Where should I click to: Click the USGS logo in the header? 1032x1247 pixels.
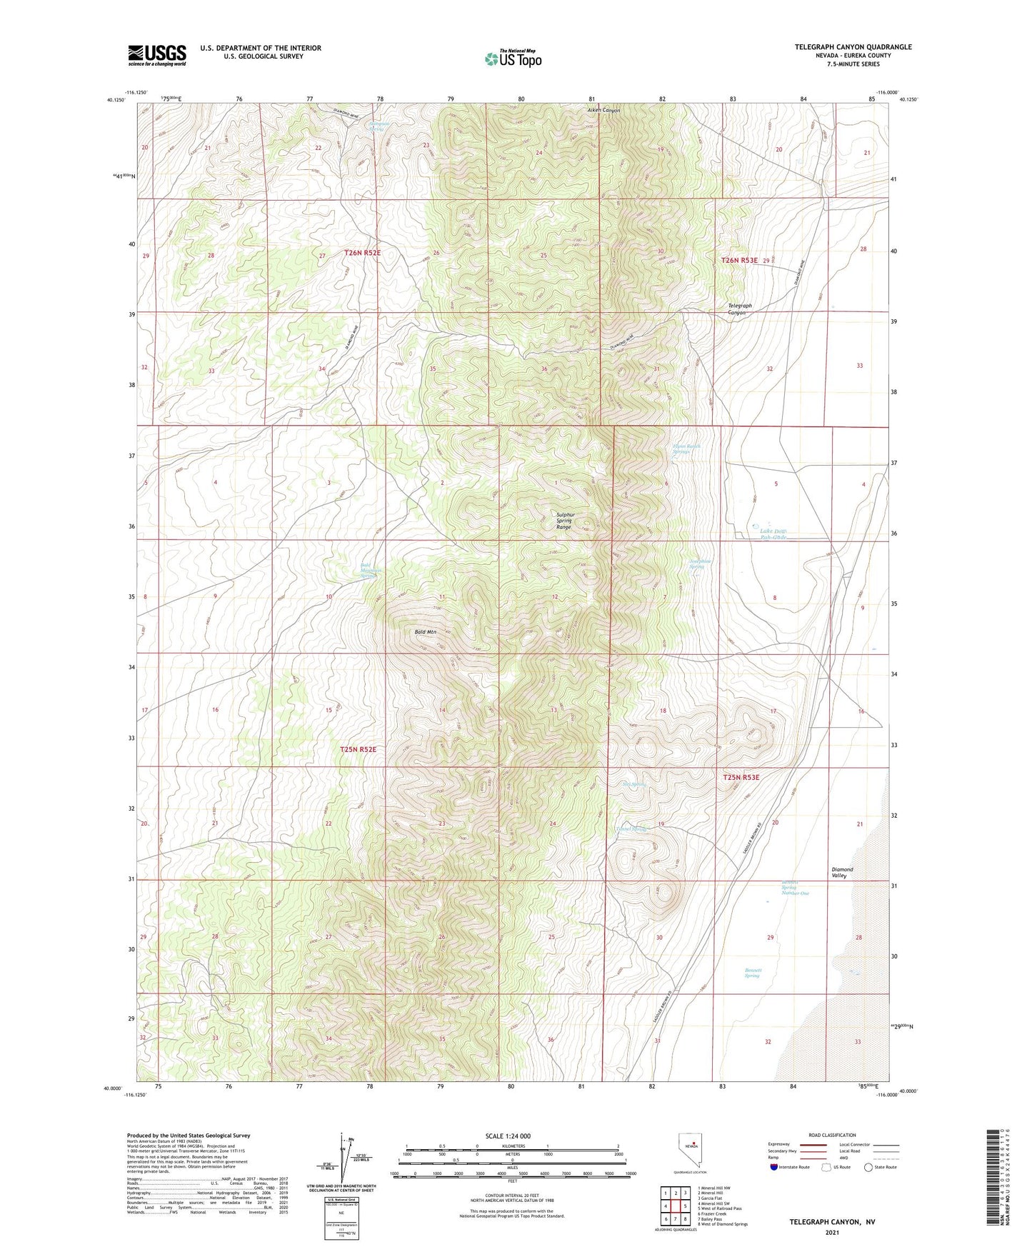pos(156,55)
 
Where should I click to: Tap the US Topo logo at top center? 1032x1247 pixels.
pos(513,59)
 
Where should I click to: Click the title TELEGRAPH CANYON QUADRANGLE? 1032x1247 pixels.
pos(853,47)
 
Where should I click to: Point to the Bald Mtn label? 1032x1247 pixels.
pos(425,632)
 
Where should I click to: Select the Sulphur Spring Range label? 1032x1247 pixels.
pos(564,520)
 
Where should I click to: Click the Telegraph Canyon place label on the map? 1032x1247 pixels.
pos(739,309)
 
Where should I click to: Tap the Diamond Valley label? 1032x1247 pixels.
pos(842,873)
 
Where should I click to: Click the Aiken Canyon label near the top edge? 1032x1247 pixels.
pos(603,111)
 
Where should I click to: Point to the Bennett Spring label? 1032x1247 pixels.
pos(752,973)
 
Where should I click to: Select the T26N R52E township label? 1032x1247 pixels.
pos(362,253)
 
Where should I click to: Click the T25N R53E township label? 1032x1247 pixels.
pos(741,777)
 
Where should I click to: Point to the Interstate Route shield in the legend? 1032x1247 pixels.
pos(774,1168)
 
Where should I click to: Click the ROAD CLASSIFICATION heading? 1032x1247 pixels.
pos(832,1135)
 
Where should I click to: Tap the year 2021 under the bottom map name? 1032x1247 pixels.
pos(831,1233)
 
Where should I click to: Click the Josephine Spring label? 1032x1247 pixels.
pos(700,564)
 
